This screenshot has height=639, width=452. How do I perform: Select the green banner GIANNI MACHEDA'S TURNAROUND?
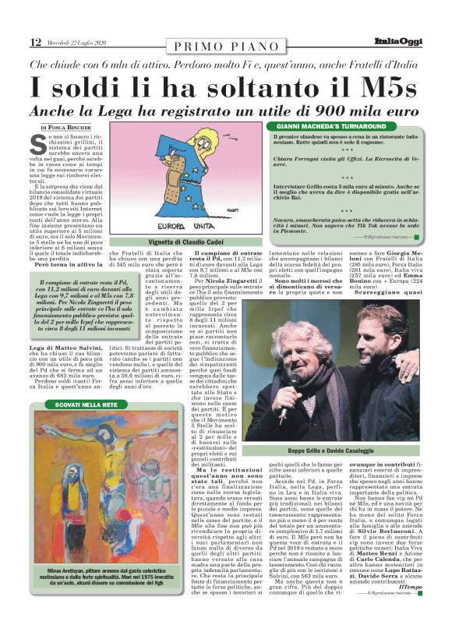[x=327, y=126]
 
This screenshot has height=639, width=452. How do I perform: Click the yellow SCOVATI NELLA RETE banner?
[x=87, y=404]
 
